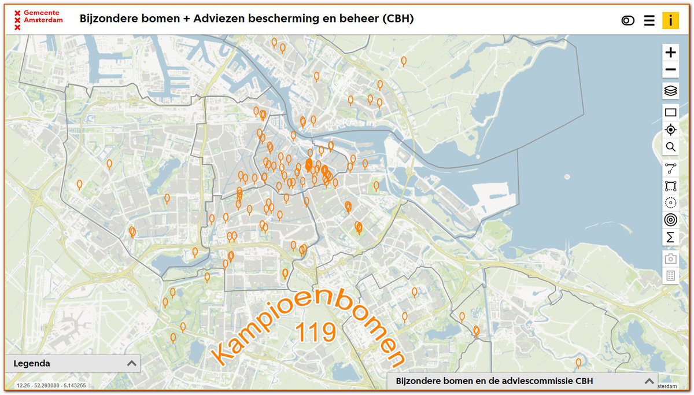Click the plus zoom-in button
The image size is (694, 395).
[670, 53]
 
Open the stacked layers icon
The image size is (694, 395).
[670, 91]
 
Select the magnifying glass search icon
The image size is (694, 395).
[670, 147]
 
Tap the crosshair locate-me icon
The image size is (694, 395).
[670, 130]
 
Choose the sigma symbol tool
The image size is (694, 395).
[670, 237]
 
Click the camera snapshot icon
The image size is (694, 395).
[670, 259]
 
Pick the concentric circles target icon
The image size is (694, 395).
[670, 220]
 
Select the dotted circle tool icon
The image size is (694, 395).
[670, 203]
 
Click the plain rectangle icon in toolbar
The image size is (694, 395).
[670, 112]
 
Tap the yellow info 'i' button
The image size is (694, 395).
[670, 20]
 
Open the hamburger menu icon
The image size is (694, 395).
[649, 21]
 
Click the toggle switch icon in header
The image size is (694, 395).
[627, 21]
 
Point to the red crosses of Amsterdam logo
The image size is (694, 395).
[17, 20]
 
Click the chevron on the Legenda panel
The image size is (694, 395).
[132, 363]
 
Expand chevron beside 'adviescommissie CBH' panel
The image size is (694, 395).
[649, 382]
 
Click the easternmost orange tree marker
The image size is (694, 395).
[578, 363]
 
